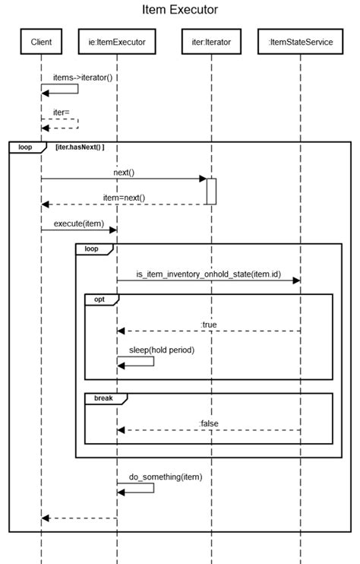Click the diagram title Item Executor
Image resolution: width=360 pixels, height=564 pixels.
click(x=180, y=10)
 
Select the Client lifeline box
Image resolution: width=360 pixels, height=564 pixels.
click(x=41, y=42)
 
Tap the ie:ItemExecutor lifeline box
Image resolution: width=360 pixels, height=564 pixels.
click(x=117, y=42)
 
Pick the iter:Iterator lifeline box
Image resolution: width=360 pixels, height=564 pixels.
click(x=212, y=42)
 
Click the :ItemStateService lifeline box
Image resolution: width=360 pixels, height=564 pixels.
click(x=301, y=42)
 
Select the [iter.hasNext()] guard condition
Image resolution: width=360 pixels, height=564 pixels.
click(x=80, y=147)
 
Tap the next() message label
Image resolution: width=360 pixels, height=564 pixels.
click(x=124, y=173)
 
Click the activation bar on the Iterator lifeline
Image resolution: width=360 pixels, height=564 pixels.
click(x=212, y=191)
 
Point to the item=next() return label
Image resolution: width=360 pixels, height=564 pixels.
click(x=124, y=198)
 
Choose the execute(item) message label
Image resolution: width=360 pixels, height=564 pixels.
click(x=79, y=223)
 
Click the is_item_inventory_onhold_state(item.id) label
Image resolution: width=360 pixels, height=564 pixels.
click(x=208, y=273)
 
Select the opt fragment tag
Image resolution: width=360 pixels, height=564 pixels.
click(x=99, y=299)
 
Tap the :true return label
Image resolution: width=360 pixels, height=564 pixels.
click(x=209, y=325)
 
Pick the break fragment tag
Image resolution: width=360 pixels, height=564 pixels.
click(x=103, y=398)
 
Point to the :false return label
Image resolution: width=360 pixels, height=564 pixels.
click(x=209, y=423)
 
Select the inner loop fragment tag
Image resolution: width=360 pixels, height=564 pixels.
click(x=91, y=249)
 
